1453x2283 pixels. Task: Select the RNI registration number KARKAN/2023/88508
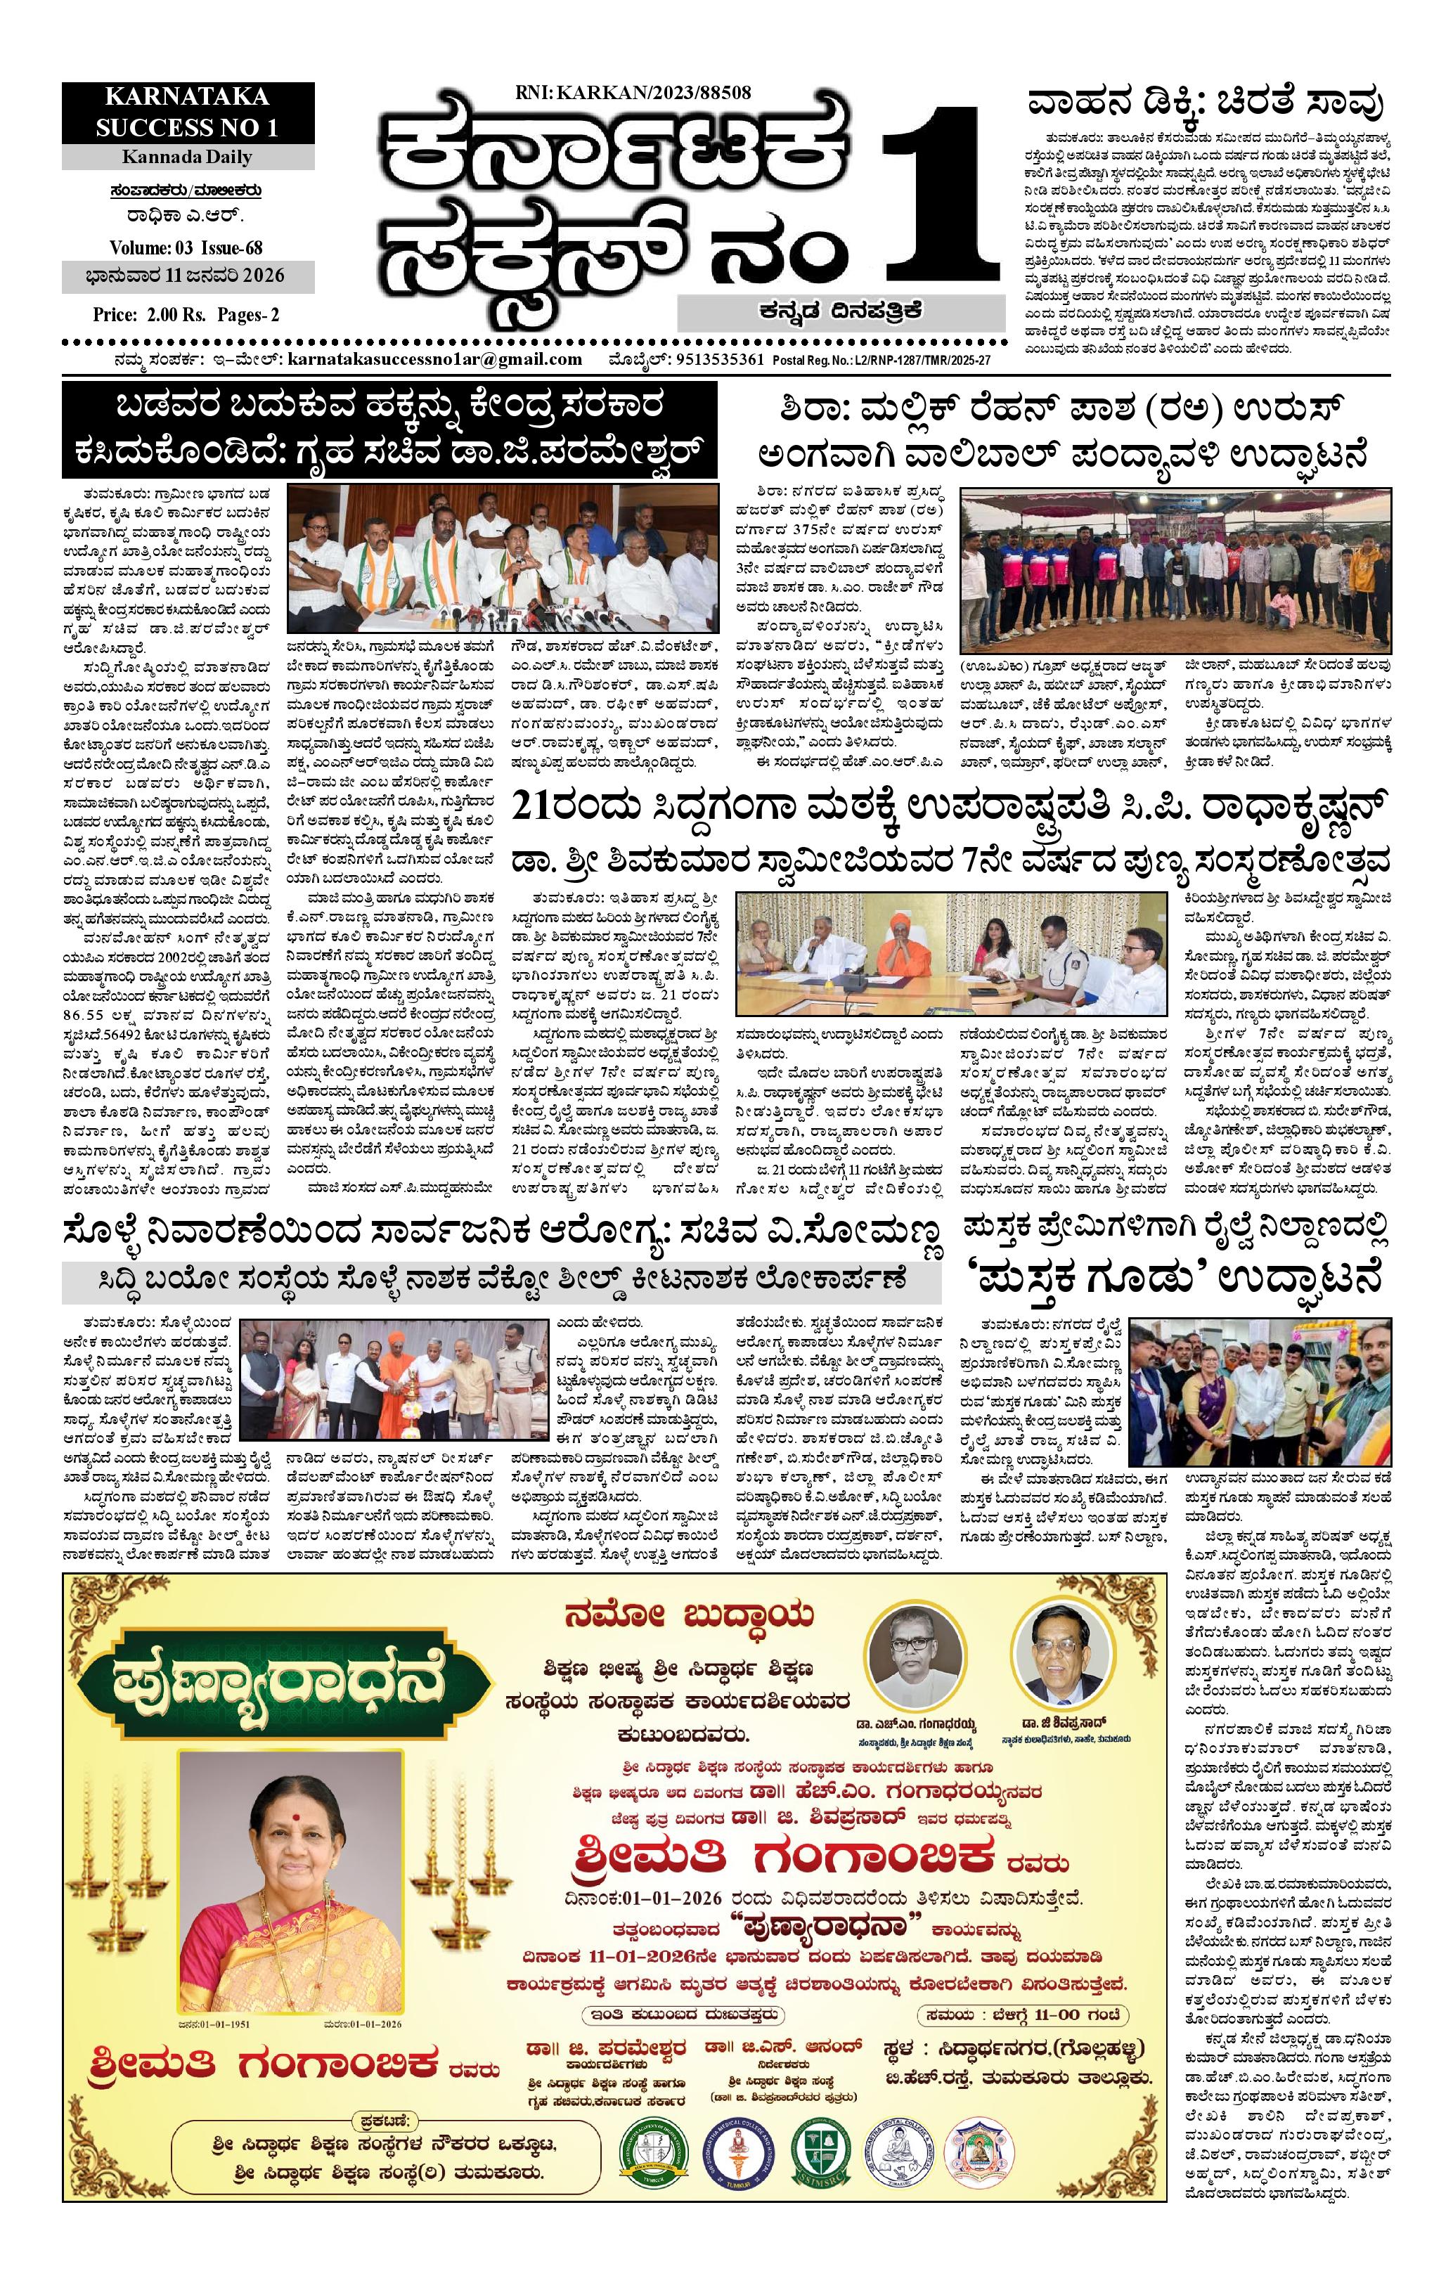tap(633, 92)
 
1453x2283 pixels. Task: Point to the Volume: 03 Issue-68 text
tap(186, 247)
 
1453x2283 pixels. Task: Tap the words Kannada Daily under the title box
tap(187, 157)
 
